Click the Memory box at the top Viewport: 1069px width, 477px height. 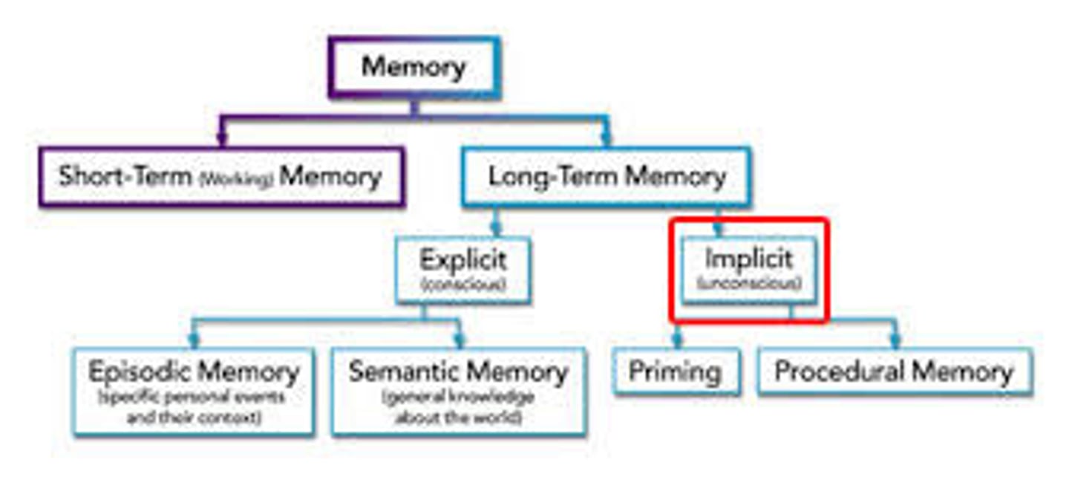click(413, 68)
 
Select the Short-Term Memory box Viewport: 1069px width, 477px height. click(221, 177)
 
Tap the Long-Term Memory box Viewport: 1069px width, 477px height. click(606, 177)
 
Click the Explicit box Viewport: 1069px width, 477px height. click(462, 270)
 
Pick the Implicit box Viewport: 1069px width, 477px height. click(748, 270)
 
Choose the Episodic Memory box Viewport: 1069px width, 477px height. click(193, 391)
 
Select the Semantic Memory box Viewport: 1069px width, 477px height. click(458, 391)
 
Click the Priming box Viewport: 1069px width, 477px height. click(675, 371)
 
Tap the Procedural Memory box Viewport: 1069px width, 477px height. click(894, 371)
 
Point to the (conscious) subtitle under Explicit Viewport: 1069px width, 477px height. click(462, 285)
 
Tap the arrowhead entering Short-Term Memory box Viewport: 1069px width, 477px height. click(221, 139)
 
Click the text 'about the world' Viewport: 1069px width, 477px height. click(458, 418)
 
